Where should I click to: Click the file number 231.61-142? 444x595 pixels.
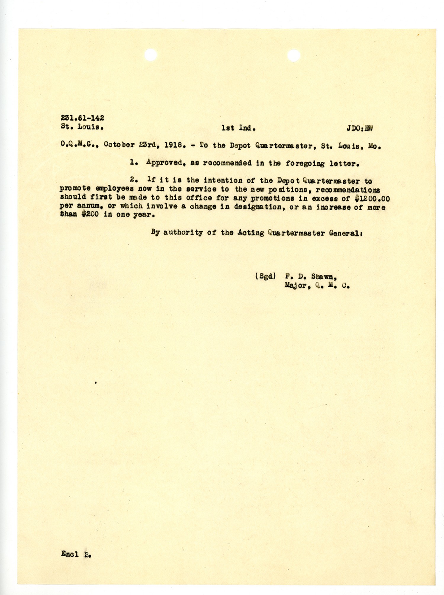click(82, 118)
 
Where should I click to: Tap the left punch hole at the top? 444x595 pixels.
click(151, 55)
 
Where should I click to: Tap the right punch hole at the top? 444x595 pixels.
click(294, 56)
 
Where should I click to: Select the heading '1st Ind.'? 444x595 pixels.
click(238, 128)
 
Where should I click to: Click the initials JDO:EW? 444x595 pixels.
click(359, 128)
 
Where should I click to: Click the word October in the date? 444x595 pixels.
click(119, 145)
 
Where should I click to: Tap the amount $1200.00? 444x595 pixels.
click(372, 198)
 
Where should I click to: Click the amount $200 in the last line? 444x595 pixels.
click(90, 214)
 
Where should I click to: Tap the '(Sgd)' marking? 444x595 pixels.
click(265, 276)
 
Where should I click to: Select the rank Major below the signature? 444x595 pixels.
click(296, 286)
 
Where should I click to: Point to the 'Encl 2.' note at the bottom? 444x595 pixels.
click(76, 554)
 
